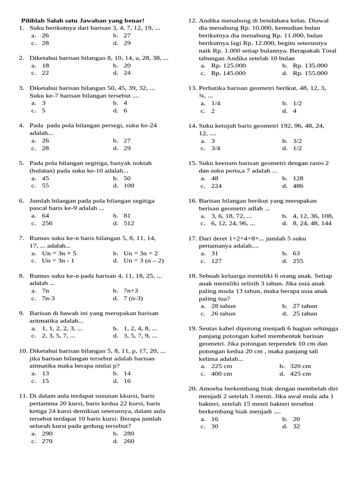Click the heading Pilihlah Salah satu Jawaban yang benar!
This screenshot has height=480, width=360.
83,21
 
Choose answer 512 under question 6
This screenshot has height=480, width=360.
129,223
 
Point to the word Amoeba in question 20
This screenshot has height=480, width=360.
210,389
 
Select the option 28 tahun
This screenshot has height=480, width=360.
224,306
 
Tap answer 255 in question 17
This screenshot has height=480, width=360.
298,261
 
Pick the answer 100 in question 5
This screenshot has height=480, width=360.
129,186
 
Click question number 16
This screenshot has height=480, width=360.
193,201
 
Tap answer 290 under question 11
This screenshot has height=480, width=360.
47,434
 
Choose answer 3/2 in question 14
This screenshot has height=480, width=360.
298,141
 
